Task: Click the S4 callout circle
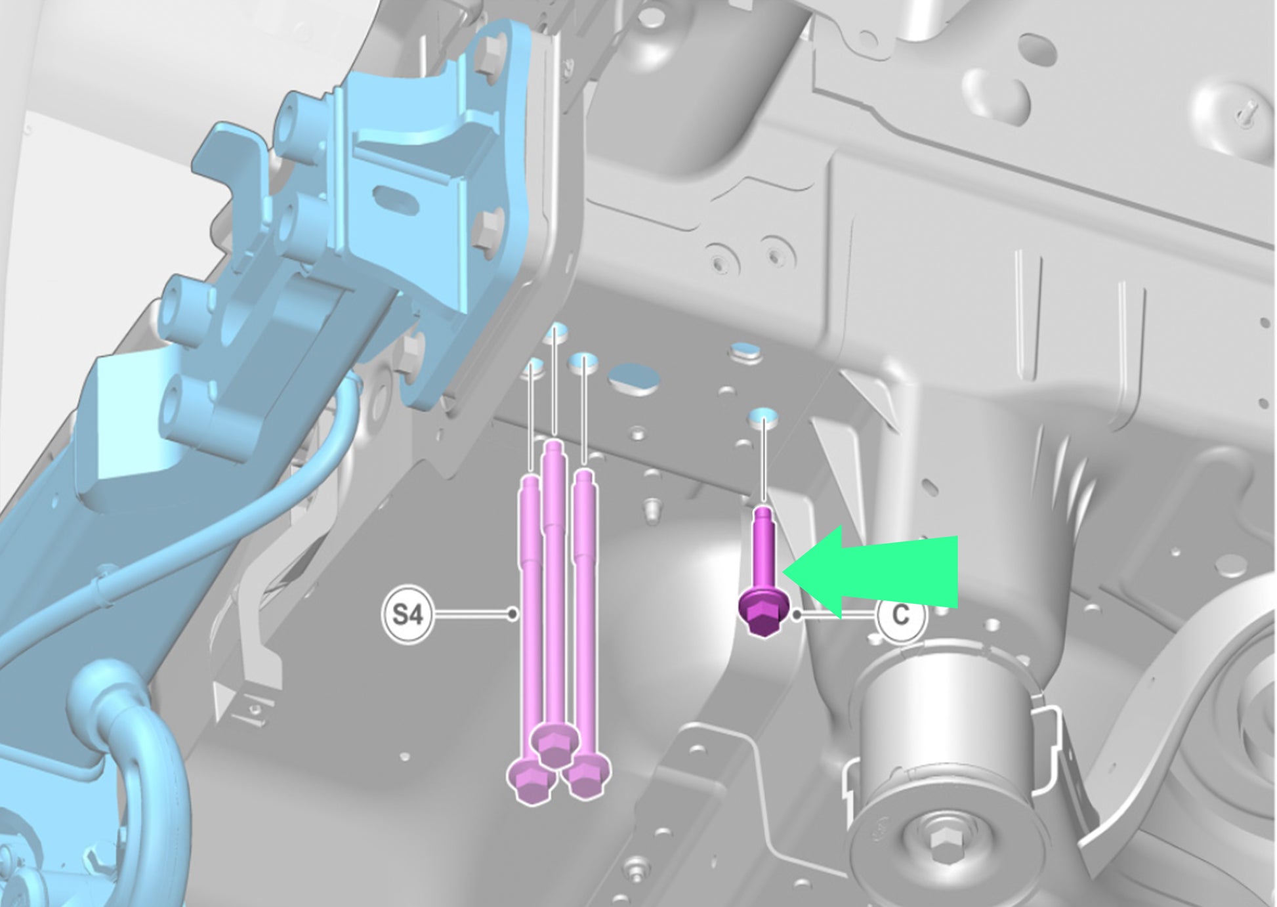coord(408,615)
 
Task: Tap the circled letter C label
coord(901,615)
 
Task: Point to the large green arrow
coord(870,572)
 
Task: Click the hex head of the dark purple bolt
coord(762,611)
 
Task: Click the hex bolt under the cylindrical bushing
coord(939,843)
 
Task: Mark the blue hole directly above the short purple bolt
coord(763,415)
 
